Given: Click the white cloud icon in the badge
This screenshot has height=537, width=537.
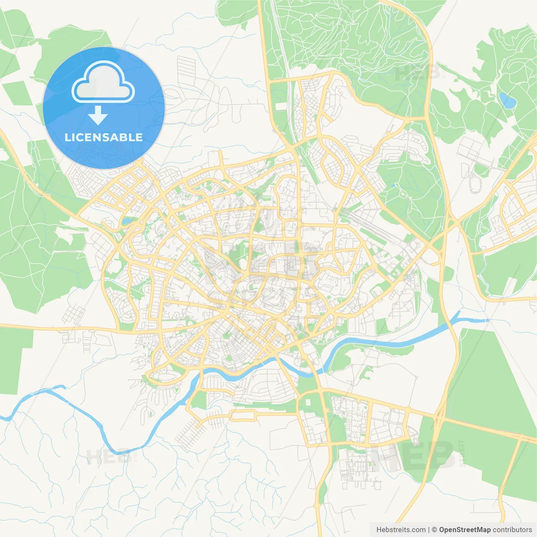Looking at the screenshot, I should coord(103,83).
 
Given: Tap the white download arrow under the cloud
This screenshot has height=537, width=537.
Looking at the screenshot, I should coord(98,115).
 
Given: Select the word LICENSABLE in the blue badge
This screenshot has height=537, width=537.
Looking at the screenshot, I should coord(104,138).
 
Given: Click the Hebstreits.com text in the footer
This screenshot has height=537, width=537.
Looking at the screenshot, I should coord(401,530).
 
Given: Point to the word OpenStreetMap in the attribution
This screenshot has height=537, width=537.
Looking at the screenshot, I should coord(465,530).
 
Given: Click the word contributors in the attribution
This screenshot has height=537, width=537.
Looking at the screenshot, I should coord(512,530).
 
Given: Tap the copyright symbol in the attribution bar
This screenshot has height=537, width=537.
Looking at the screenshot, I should coord(435,530).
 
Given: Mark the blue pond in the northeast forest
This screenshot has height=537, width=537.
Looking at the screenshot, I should coord(507,100).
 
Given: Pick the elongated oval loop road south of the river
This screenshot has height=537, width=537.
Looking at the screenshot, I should coord(243,415).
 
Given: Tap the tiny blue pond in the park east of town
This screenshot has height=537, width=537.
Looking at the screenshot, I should coord(393,185).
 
